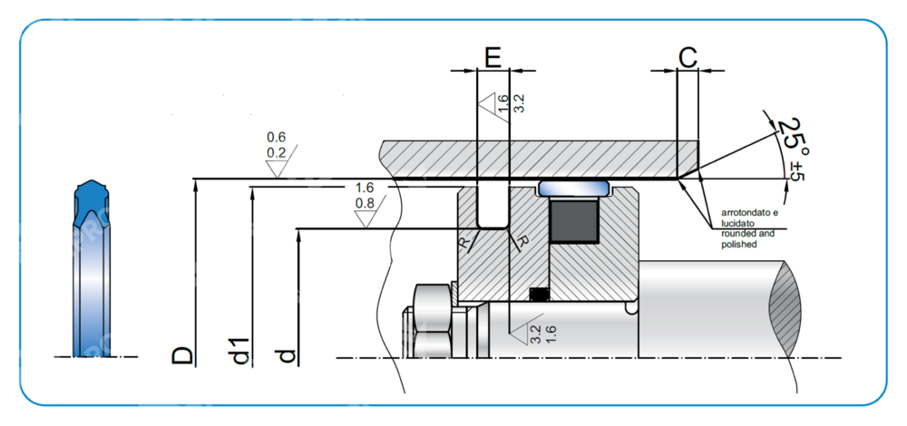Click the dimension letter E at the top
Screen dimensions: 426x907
click(x=493, y=58)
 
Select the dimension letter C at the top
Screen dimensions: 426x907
click(x=688, y=58)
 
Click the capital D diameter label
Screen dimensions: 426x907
click(x=183, y=354)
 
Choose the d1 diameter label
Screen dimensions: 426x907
click(x=240, y=351)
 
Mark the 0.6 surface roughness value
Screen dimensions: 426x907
click(x=277, y=138)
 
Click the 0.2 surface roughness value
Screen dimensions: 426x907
click(x=277, y=152)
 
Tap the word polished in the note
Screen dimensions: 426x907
click(x=738, y=244)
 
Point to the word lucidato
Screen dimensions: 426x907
click(x=738, y=222)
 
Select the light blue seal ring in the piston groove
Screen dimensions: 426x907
click(x=575, y=189)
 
